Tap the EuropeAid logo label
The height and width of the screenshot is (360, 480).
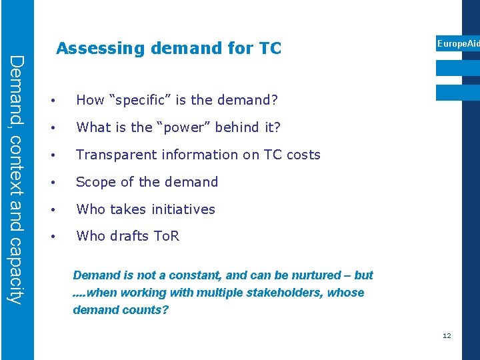click(x=457, y=44)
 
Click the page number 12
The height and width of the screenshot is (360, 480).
click(x=447, y=335)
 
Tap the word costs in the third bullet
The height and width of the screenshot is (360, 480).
click(x=303, y=155)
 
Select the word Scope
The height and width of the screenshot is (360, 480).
click(x=95, y=182)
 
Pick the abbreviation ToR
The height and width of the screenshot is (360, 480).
click(x=167, y=236)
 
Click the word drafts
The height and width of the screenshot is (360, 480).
click(x=129, y=236)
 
